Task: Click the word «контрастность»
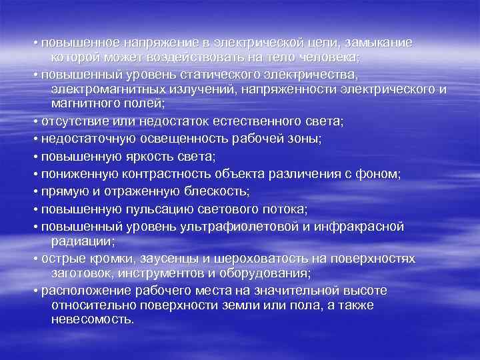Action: point(165,174)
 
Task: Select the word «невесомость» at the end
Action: point(92,319)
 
